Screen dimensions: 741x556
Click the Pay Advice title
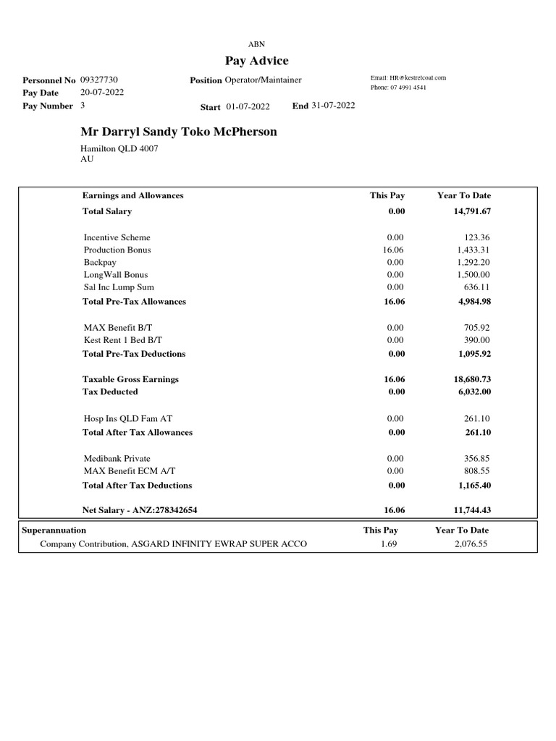click(x=256, y=61)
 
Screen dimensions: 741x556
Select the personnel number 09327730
click(x=99, y=80)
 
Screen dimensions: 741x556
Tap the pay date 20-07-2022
click(x=101, y=93)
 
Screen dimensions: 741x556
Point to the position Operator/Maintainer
click(x=263, y=80)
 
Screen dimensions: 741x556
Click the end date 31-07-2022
click(x=333, y=106)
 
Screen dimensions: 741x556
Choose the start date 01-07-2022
click(x=248, y=107)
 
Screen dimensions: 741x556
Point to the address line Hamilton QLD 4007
click(x=119, y=148)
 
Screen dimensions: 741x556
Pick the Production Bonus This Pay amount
click(x=395, y=250)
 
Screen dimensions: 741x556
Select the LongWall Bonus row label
click(x=117, y=274)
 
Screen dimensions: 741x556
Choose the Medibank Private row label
click(x=117, y=458)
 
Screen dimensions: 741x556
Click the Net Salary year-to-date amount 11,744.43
click(x=471, y=510)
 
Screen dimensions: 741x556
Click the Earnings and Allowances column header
click(x=132, y=195)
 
